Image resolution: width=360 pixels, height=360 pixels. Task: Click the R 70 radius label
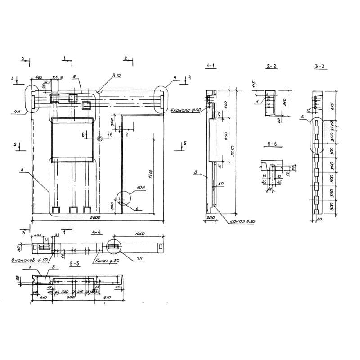tap(117, 76)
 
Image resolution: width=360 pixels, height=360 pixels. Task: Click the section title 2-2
tap(271, 67)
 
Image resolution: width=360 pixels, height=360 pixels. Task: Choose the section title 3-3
tap(320, 67)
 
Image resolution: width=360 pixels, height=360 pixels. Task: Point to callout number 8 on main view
tap(21, 170)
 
